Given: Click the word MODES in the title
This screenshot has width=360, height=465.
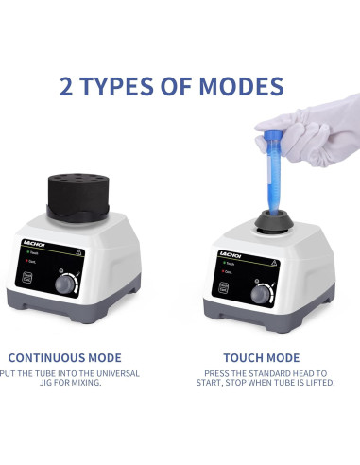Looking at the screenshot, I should [x=241, y=87].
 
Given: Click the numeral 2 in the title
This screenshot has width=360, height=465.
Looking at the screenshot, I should [x=68, y=87].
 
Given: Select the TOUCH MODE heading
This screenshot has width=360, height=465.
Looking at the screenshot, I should [x=261, y=358].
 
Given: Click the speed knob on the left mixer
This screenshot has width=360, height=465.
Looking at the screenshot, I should [x=65, y=284].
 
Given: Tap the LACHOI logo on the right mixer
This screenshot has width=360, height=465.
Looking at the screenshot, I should [x=229, y=253].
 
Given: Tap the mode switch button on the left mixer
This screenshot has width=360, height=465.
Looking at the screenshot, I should [x=28, y=277].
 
